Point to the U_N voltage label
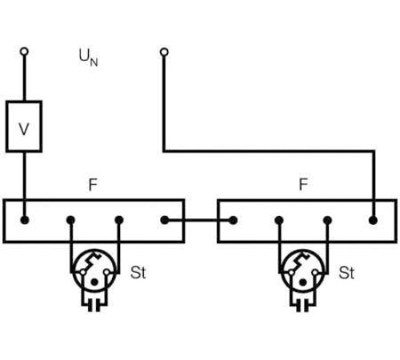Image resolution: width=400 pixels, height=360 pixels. [x=89, y=57]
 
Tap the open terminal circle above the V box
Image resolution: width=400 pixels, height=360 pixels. [x=24, y=51]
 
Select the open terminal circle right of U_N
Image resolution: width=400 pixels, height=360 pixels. [x=164, y=52]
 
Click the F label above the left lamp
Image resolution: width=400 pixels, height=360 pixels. [x=93, y=185]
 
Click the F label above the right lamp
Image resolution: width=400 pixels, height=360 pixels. [x=303, y=184]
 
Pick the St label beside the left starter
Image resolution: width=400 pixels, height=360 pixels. [x=138, y=273]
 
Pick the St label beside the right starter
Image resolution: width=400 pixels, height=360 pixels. [x=346, y=273]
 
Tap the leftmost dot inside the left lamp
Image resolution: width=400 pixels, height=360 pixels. [x=25, y=220]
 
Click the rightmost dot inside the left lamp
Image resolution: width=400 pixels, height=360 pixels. [x=165, y=220]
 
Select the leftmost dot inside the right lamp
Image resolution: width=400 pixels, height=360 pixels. [x=234, y=220]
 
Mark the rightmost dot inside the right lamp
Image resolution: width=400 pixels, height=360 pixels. [x=373, y=221]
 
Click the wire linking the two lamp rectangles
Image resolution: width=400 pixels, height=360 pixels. [x=199, y=220]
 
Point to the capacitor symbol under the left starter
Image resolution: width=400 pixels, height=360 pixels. [x=94, y=305]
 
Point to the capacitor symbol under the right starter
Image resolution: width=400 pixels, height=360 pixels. [x=302, y=305]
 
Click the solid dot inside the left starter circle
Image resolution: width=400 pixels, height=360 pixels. [x=94, y=282]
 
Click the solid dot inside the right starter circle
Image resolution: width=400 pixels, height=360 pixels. [x=302, y=282]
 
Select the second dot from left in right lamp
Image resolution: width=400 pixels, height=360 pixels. [x=279, y=220]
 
